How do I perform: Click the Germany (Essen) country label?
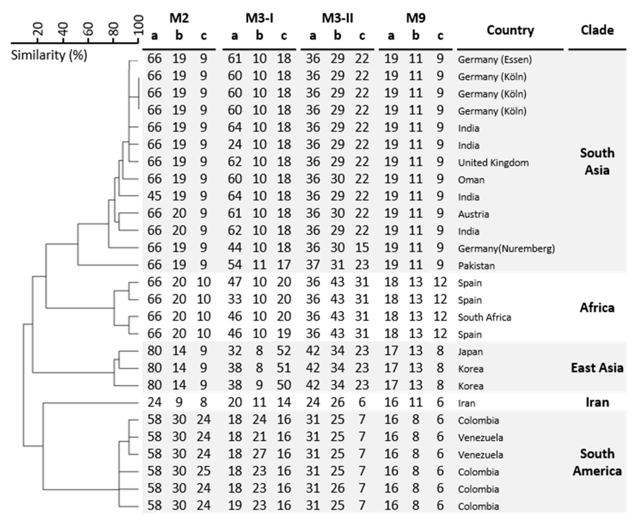click(494, 59)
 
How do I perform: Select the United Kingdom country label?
click(493, 163)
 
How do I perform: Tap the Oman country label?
click(471, 180)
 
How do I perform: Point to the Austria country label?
click(473, 214)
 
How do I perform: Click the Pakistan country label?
click(476, 266)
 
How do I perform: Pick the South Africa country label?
click(484, 317)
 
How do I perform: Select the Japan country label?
click(470, 352)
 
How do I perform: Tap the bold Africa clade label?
click(597, 308)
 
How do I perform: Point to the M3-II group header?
click(337, 18)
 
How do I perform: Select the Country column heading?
click(510, 30)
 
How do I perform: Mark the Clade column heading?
click(597, 30)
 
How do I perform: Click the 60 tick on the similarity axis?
click(88, 29)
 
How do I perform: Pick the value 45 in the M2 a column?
click(154, 196)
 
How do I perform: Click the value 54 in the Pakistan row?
click(235, 265)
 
